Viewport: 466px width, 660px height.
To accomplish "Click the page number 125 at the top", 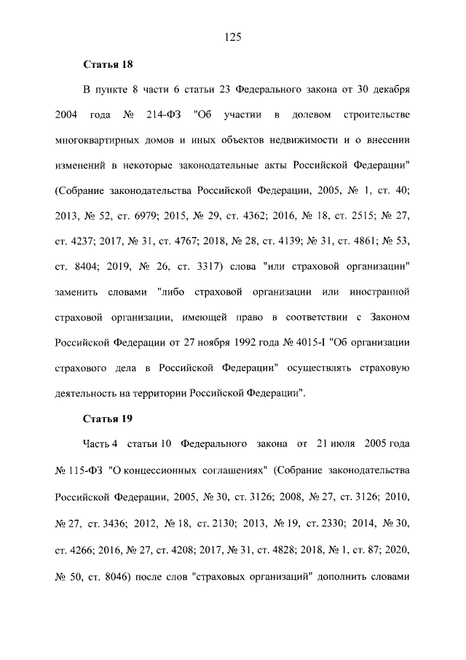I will (233, 37).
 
